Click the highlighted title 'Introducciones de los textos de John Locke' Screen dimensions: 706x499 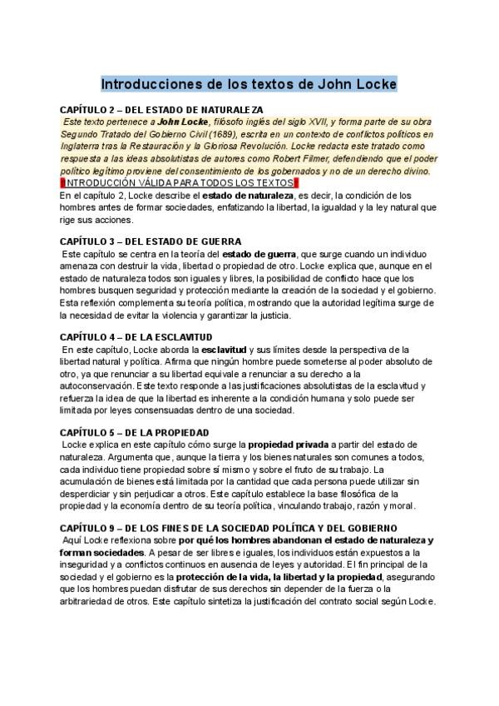tap(249, 84)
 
